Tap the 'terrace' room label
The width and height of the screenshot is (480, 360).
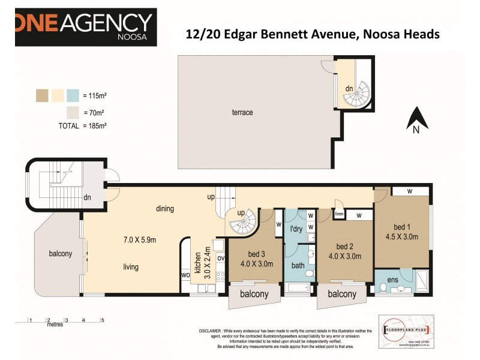click(242, 112)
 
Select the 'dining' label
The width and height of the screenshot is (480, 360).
click(164, 209)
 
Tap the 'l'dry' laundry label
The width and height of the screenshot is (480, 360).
click(295, 230)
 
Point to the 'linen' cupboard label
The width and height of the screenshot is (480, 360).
click(339, 214)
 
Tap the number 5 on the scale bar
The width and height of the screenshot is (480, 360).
click(102, 320)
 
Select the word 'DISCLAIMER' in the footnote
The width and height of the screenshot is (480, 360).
click(215, 331)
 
